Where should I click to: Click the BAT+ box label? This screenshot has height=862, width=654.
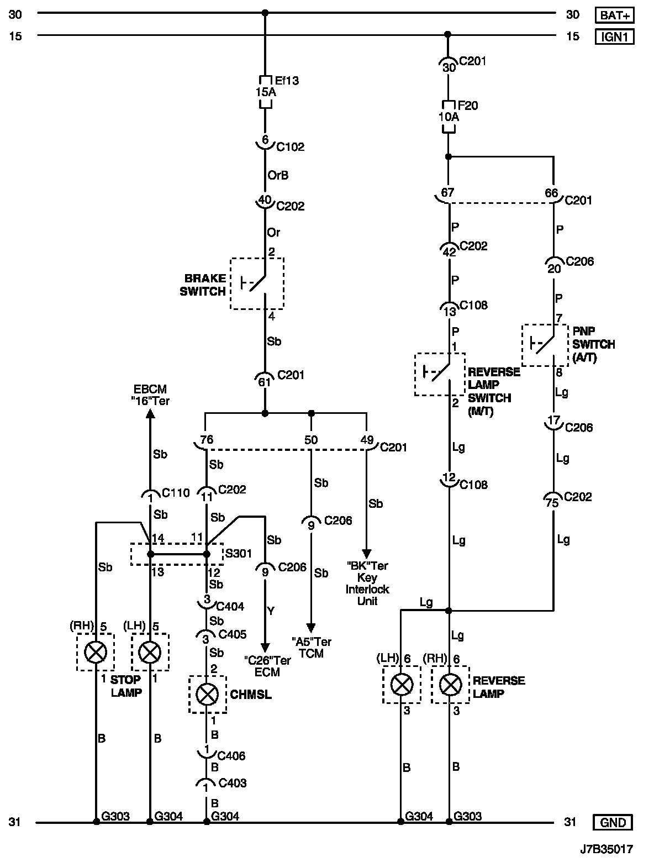point(614,15)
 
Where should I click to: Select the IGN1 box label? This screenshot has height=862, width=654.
point(614,36)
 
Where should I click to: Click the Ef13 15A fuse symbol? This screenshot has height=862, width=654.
point(265,92)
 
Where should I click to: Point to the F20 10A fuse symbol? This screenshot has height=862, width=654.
point(449,117)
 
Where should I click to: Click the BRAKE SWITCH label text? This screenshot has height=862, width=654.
point(203,285)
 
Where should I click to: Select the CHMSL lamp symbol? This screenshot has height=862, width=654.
point(207,695)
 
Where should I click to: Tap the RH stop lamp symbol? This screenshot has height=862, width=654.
point(96,652)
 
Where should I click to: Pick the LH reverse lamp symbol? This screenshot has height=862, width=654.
point(402,685)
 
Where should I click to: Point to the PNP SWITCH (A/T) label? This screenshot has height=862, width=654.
point(593,344)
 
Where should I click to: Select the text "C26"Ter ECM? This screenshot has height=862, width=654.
point(267,666)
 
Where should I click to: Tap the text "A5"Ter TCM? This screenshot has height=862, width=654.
point(312,647)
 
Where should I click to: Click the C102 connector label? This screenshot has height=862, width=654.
point(290,146)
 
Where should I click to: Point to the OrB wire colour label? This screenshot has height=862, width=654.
point(278,175)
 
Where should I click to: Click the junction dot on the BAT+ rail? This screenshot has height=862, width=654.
point(265,12)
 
